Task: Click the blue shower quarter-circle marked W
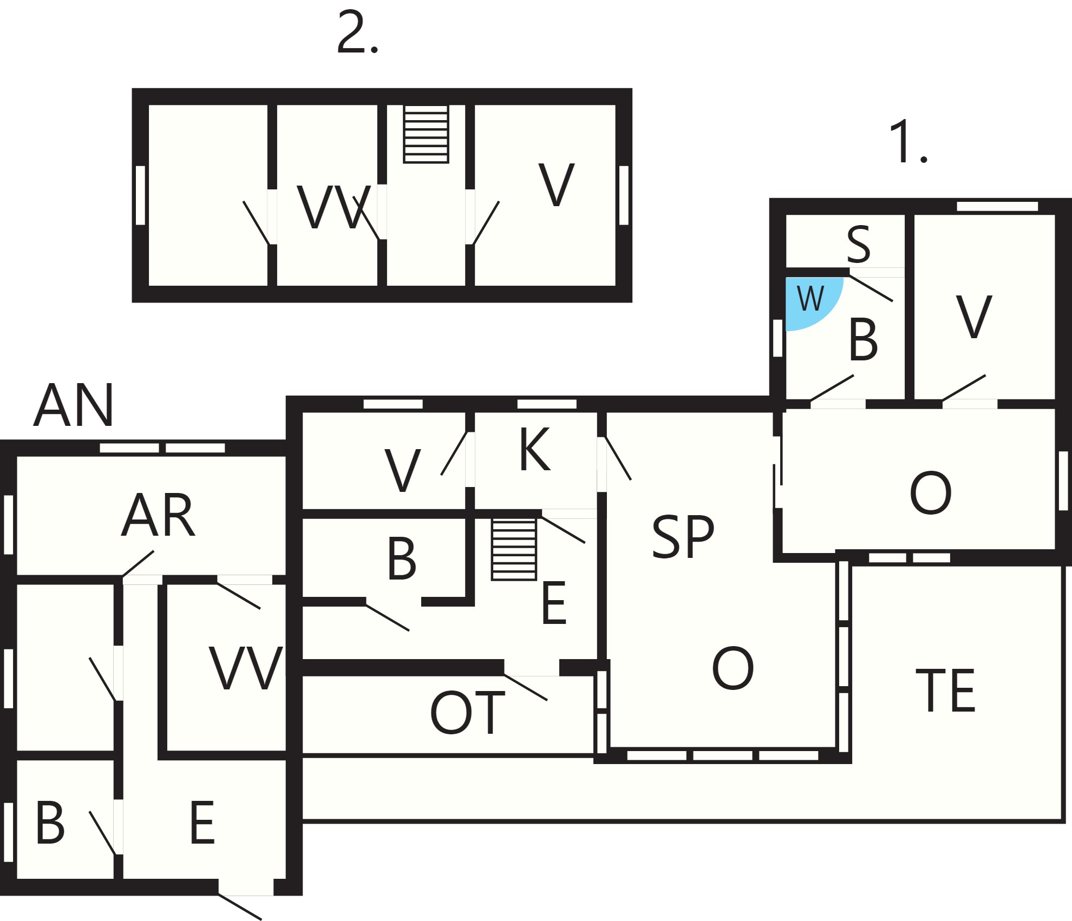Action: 810,301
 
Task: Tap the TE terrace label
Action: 945,690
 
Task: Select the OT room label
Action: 467,713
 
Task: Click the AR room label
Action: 158,515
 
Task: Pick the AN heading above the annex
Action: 74,405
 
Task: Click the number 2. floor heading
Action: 357,32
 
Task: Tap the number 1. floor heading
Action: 908,142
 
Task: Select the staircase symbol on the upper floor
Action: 426,134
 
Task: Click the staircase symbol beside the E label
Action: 514,549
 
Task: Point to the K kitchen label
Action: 534,449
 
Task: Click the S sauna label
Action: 859,244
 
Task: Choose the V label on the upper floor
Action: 556,185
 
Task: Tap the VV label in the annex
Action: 246,668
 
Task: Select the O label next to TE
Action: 733,668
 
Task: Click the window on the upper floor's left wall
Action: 140,195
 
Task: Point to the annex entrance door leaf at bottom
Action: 240,906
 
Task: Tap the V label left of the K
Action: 402,470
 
